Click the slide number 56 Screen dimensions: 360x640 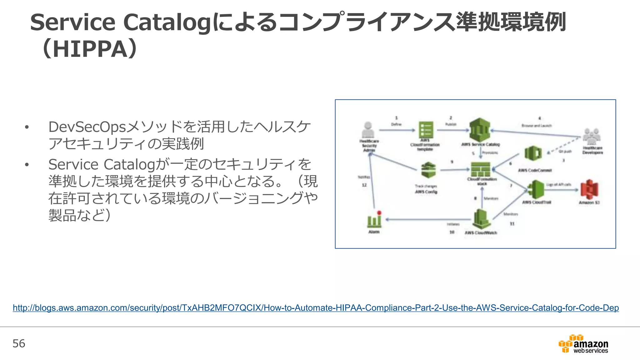[19, 343]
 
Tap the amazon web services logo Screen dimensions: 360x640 [583, 344]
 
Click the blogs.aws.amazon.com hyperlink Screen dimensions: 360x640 [316, 308]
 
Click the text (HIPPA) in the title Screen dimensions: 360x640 [89, 49]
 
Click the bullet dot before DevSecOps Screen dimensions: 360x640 [27, 127]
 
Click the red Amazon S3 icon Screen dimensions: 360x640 [589, 190]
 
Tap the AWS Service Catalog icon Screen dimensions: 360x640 [480, 130]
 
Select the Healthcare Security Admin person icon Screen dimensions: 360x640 [368, 130]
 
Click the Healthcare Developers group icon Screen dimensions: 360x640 [592, 136]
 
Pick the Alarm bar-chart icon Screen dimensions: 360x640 [374, 220]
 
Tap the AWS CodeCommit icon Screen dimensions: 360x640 [533, 154]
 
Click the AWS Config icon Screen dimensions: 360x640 [428, 170]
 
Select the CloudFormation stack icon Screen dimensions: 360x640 [481, 169]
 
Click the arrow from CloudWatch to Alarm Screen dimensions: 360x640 [428, 219]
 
